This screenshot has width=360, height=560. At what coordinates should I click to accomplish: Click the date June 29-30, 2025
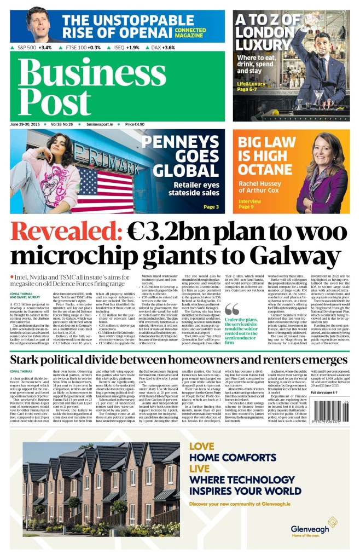[27, 124]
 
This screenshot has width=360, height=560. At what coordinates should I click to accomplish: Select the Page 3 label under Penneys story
[211, 207]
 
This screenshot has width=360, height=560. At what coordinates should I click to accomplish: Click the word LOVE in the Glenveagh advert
[200, 446]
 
